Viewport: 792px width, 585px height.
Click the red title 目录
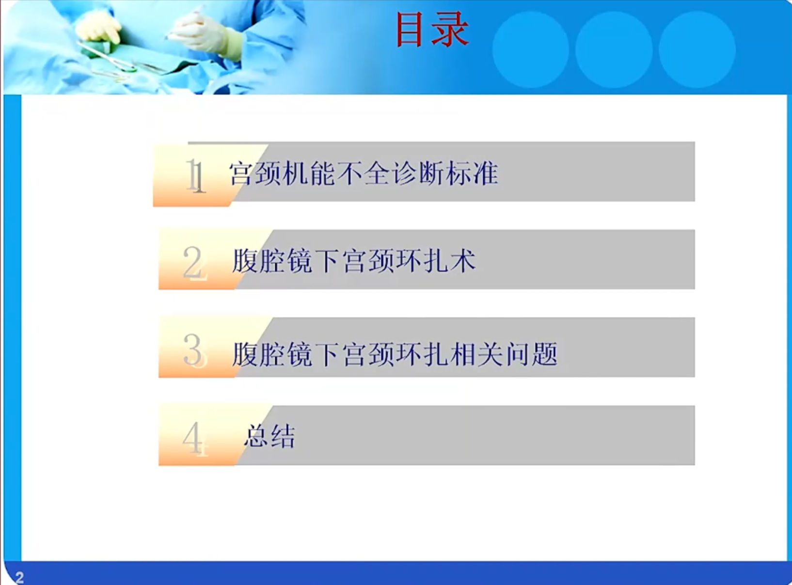point(432,29)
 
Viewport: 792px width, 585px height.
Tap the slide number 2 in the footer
point(20,577)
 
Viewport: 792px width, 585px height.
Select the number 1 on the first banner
point(195,175)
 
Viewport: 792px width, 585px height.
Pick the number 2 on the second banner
point(194,263)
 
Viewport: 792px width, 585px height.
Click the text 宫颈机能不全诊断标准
point(364,174)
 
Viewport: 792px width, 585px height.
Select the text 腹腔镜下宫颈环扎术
point(353,261)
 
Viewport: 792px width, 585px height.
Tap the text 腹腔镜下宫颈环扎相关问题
point(395,354)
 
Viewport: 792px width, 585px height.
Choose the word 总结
point(269,436)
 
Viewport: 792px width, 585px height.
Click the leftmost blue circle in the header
point(531,49)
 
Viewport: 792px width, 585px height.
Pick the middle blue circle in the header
point(614,49)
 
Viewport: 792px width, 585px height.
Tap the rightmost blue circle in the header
point(697,49)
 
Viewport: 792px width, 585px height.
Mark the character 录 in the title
point(451,29)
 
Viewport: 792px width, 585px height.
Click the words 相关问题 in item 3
point(504,354)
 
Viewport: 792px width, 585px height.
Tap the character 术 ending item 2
point(463,261)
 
